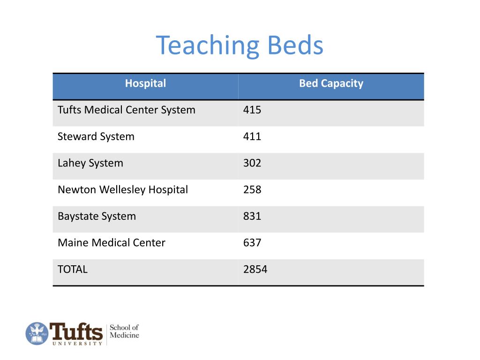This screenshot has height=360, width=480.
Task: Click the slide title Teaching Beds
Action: coord(240,45)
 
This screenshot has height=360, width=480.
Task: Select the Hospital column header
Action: coord(145,83)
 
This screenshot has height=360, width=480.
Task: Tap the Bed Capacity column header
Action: coord(331,83)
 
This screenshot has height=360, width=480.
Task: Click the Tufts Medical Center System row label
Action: coord(126,110)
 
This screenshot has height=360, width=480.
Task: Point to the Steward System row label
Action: coord(96,137)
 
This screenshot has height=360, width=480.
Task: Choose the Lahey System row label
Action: coord(90,163)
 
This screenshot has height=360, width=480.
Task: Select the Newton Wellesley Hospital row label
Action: coord(122,190)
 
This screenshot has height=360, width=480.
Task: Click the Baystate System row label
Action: coord(97,217)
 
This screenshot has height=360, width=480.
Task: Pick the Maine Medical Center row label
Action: coord(111,243)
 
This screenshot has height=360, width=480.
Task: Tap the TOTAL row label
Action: coord(72,270)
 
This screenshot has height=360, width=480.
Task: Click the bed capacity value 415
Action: coord(252,110)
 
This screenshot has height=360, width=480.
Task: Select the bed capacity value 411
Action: coord(252,137)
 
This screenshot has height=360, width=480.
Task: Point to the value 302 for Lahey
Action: coord(252,163)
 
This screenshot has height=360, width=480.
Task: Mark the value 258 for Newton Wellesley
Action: coord(252,190)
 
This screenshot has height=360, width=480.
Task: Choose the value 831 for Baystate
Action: coord(252,217)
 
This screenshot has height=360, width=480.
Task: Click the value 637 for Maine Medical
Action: coord(252,243)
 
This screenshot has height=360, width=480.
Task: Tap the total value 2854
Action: coord(255,270)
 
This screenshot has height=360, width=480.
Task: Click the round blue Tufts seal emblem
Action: coord(37,334)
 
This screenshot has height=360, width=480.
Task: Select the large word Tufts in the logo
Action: coord(76,331)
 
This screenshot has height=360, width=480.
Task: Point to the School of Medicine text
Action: coord(124,331)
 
